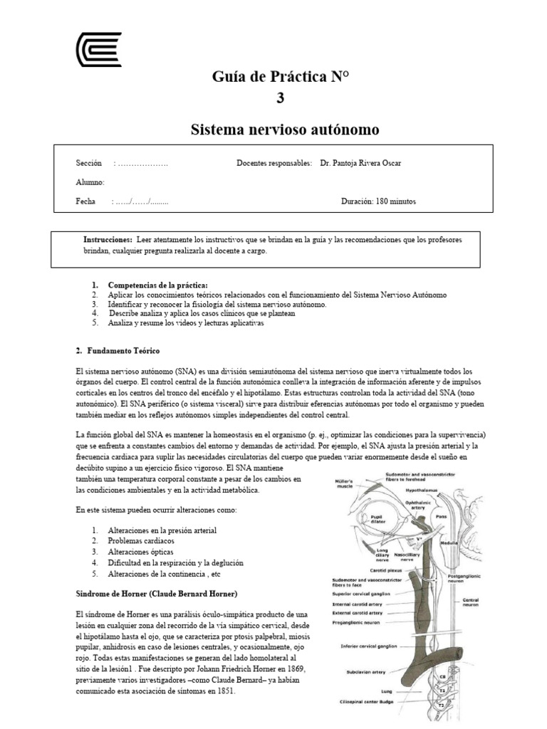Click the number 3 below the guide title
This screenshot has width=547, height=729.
click(280, 98)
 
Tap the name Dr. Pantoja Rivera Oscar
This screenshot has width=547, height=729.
click(360, 163)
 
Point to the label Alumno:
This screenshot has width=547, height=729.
click(90, 182)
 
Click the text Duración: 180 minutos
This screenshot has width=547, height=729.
click(378, 201)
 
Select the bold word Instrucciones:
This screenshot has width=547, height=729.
click(108, 240)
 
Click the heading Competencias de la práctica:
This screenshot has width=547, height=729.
click(157, 285)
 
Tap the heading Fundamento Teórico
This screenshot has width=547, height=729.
click(123, 351)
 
